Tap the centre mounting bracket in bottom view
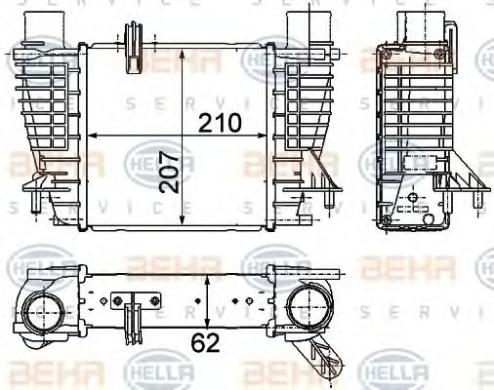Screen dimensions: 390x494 coord(130,312)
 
